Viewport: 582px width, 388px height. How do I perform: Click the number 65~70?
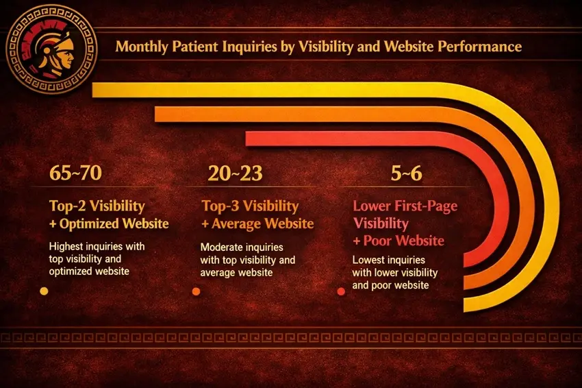coord(75,173)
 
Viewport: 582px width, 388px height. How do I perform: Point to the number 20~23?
coord(235,173)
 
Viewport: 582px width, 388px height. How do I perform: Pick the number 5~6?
coord(407,173)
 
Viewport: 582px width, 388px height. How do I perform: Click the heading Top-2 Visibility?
coord(97,206)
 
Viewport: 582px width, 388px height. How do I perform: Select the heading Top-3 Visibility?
coord(250,206)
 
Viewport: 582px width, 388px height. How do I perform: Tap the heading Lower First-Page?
coord(405,206)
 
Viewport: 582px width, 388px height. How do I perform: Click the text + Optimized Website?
coord(109,223)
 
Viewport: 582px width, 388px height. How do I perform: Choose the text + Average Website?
coord(257,223)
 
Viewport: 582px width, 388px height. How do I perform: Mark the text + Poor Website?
coord(398,241)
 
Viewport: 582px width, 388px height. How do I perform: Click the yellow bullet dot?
coord(44,291)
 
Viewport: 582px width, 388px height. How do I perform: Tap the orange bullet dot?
coord(196,292)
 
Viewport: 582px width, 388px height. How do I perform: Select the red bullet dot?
coord(341,292)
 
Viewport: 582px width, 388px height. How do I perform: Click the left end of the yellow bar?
coord(93,90)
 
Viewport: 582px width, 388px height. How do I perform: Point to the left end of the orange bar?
coord(155,114)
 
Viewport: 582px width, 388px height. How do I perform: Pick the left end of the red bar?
coord(246,138)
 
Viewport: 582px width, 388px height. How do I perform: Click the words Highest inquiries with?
coord(97,246)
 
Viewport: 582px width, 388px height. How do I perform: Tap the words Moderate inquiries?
coord(242,247)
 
